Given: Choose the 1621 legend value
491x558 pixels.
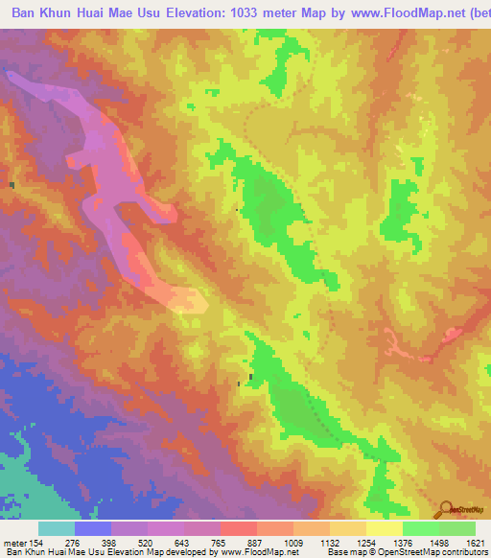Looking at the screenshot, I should [476, 542].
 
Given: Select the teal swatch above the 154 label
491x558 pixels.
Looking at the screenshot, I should [57, 528].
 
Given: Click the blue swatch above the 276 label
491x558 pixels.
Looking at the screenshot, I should [94, 528].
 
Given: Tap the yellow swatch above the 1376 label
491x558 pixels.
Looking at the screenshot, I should [384, 528].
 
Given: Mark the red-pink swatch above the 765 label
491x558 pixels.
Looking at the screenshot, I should [240, 528].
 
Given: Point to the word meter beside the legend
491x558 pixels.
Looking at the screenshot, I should [15, 542].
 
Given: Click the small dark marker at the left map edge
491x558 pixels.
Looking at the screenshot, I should [12, 184].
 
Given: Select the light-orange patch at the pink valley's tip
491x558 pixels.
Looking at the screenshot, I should [190, 301].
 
